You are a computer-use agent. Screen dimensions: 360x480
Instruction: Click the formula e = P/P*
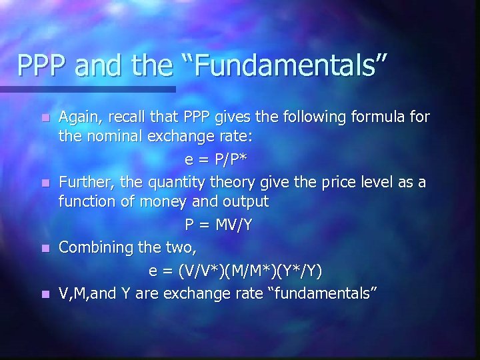click(x=217, y=160)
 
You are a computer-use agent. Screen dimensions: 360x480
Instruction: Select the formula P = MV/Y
click(x=219, y=225)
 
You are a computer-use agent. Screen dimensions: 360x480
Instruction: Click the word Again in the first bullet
click(x=79, y=118)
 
